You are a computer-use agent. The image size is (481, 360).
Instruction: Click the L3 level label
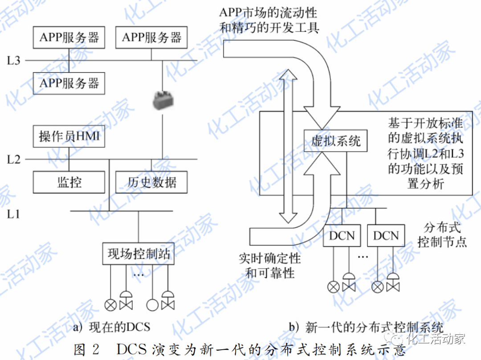click(x=14, y=60)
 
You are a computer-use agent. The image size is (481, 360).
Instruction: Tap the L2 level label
click(x=14, y=159)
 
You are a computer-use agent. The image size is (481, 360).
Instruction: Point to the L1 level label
click(x=14, y=214)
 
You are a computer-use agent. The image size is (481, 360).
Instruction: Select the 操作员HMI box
click(x=69, y=136)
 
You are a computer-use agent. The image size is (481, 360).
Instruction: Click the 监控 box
click(x=69, y=182)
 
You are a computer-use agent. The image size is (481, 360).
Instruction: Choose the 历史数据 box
click(x=151, y=182)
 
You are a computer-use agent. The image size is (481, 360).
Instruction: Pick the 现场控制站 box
click(x=139, y=254)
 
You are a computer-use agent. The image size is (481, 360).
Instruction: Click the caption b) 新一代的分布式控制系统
click(x=366, y=328)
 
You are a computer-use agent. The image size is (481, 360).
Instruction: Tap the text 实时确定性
click(x=269, y=258)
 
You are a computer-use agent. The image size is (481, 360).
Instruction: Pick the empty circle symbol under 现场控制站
click(x=152, y=305)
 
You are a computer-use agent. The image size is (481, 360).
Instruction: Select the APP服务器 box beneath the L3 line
click(x=69, y=83)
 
